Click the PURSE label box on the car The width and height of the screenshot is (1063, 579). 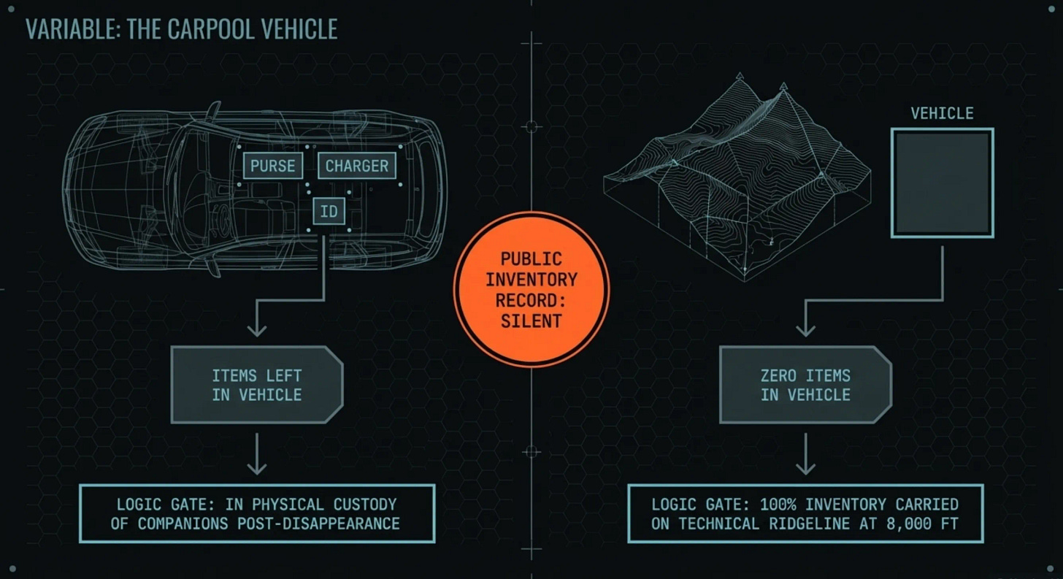(x=273, y=166)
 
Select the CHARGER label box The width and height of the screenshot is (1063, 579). (x=356, y=166)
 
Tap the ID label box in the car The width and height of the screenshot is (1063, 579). (x=329, y=211)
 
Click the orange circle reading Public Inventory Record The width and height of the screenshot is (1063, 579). (x=531, y=289)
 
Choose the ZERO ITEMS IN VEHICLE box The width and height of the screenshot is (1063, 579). (x=805, y=385)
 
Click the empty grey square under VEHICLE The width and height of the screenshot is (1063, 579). (x=942, y=183)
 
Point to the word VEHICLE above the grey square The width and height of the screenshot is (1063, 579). (x=942, y=113)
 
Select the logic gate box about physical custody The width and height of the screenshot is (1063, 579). (x=257, y=513)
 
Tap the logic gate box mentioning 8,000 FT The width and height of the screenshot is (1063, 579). (x=805, y=513)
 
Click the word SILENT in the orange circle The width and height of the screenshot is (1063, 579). (x=531, y=321)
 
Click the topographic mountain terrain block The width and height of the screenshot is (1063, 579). (x=737, y=183)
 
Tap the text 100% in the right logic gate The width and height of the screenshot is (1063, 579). (x=777, y=505)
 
